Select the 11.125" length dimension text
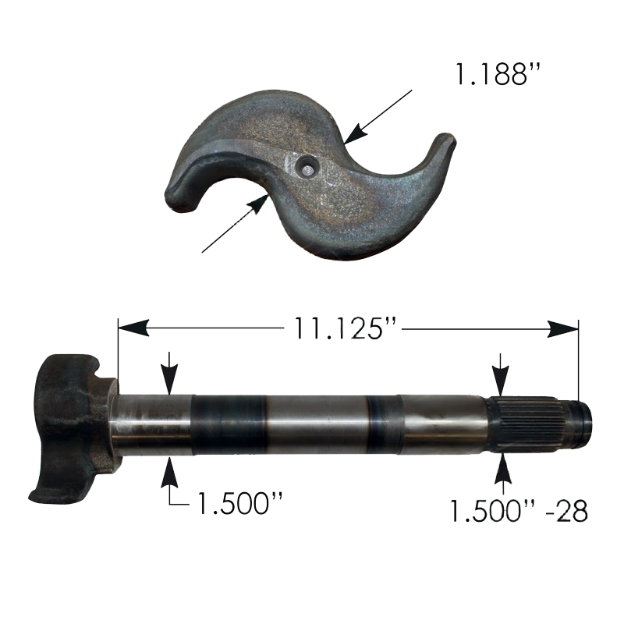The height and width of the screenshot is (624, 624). tap(345, 328)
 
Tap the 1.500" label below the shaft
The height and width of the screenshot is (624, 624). tap(239, 503)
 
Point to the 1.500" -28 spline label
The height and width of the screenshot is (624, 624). tap(519, 511)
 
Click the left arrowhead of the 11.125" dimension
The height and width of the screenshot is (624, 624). tap(133, 328)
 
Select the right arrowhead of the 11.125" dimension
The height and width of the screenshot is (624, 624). tap(562, 328)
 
